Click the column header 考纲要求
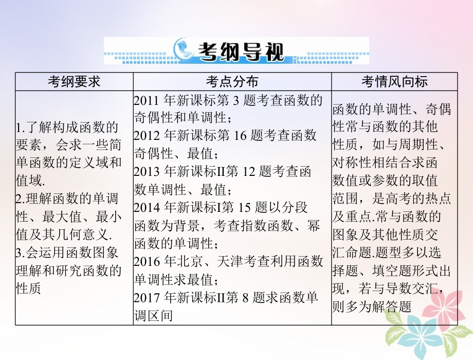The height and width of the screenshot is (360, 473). click(x=74, y=82)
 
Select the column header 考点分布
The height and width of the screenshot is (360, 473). click(x=232, y=82)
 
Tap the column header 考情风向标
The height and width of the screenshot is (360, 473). click(x=394, y=82)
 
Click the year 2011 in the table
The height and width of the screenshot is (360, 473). click(x=147, y=100)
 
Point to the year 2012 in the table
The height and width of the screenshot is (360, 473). click(x=147, y=136)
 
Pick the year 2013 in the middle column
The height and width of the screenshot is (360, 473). click(x=147, y=172)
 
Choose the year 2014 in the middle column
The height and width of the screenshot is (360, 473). click(x=147, y=208)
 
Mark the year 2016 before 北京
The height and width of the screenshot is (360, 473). click(x=147, y=261)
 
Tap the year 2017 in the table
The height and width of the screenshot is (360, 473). click(x=147, y=297)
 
